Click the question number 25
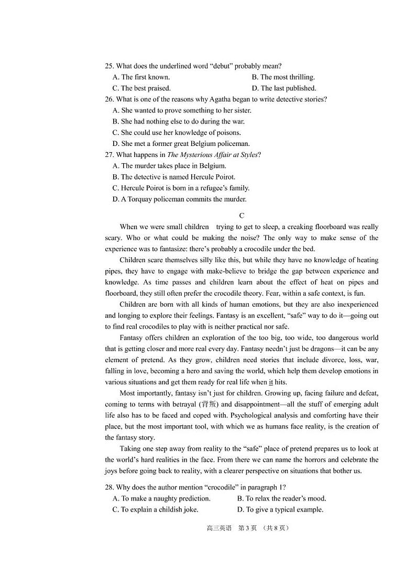[x=109, y=66]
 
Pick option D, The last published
[x=283, y=88]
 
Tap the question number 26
[x=109, y=99]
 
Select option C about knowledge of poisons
[x=177, y=132]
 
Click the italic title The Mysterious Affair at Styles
[x=212, y=155]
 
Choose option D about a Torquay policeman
[x=179, y=199]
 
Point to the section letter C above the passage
[x=242, y=216]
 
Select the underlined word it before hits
[x=271, y=382]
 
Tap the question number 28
[x=109, y=487]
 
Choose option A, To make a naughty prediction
[x=161, y=498]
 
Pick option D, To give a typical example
[x=280, y=510]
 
